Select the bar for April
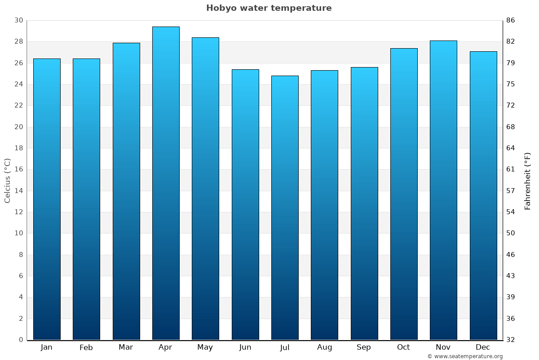166,183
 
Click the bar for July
285,207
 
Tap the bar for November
443,190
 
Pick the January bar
47,199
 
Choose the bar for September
364,203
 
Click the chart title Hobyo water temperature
269,8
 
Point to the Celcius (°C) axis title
7,180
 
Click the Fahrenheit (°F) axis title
527,180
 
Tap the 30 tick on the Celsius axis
18,20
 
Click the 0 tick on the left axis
21,340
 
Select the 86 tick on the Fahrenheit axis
511,20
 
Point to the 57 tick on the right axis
511,191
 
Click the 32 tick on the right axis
511,340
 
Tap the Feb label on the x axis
86,347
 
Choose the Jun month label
245,347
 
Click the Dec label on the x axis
483,347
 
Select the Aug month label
324,347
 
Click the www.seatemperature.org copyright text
465,356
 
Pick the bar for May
205,189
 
